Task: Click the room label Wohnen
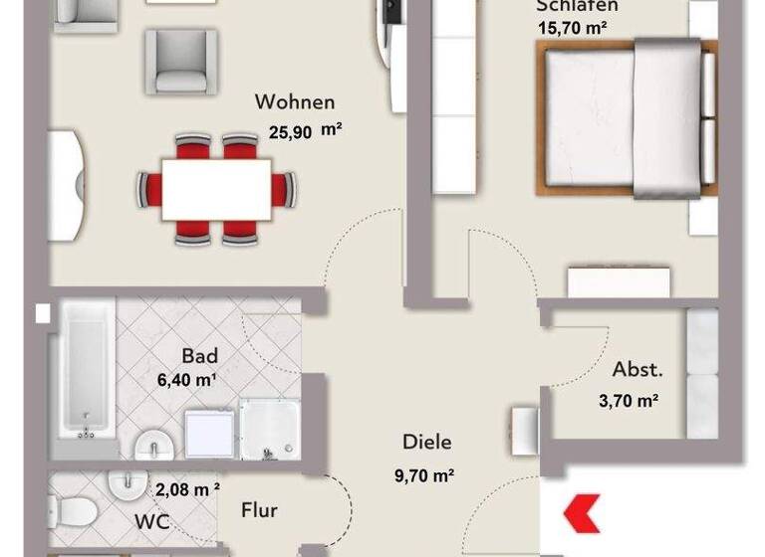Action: [x=295, y=102]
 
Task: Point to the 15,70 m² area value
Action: [x=572, y=29]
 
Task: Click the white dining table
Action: [x=216, y=188]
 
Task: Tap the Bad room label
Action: [x=199, y=356]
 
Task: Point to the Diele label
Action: [x=427, y=442]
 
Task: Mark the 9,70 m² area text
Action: [x=425, y=474]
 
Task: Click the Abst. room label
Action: [x=637, y=370]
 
